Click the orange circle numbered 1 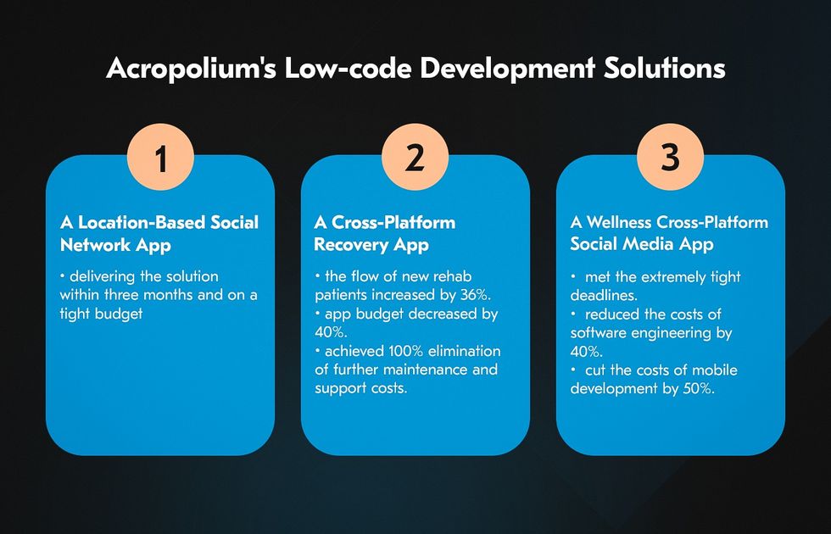[160, 157]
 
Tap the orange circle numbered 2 [415, 157]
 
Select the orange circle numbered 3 [670, 157]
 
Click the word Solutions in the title [665, 69]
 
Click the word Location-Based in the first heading [142, 222]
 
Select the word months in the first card [168, 295]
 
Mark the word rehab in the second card [453, 276]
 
